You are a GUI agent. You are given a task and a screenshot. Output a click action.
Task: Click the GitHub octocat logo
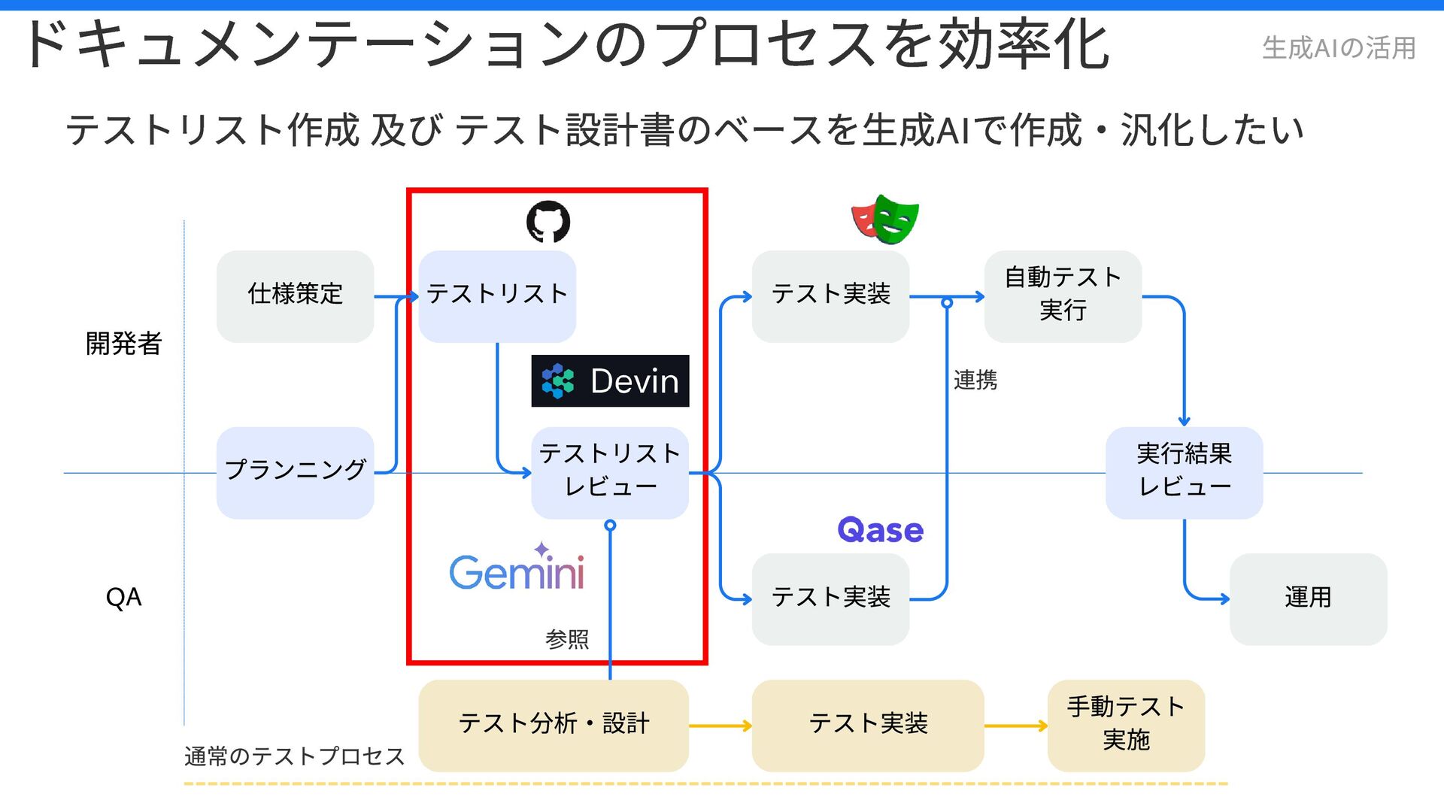[x=548, y=222]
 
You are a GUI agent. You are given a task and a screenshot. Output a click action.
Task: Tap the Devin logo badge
[x=610, y=381]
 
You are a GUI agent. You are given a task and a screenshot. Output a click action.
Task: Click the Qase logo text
[x=880, y=531]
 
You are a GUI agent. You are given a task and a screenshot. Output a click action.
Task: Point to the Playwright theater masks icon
[x=885, y=220]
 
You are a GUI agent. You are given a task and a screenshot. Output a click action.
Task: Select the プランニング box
[x=295, y=472]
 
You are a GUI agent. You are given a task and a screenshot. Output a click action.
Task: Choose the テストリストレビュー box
[x=610, y=472]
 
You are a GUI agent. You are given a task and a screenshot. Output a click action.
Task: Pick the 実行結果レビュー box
[x=1184, y=472]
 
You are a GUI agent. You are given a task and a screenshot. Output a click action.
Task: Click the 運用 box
[x=1308, y=598]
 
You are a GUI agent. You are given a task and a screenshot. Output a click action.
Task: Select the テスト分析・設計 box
[x=554, y=725]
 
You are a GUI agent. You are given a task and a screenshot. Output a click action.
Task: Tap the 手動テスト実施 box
[x=1126, y=725]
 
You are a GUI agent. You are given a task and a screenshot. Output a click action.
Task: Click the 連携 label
[x=975, y=380]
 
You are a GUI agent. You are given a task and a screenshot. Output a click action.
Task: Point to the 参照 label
[x=567, y=640]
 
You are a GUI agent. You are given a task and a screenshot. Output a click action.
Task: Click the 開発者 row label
[x=124, y=344]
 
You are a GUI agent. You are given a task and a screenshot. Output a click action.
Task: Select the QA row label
[x=124, y=598]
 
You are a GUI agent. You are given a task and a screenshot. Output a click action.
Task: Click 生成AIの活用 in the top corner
[x=1339, y=48]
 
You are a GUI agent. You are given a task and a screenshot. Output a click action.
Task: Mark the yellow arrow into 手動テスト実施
[x=1015, y=726]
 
